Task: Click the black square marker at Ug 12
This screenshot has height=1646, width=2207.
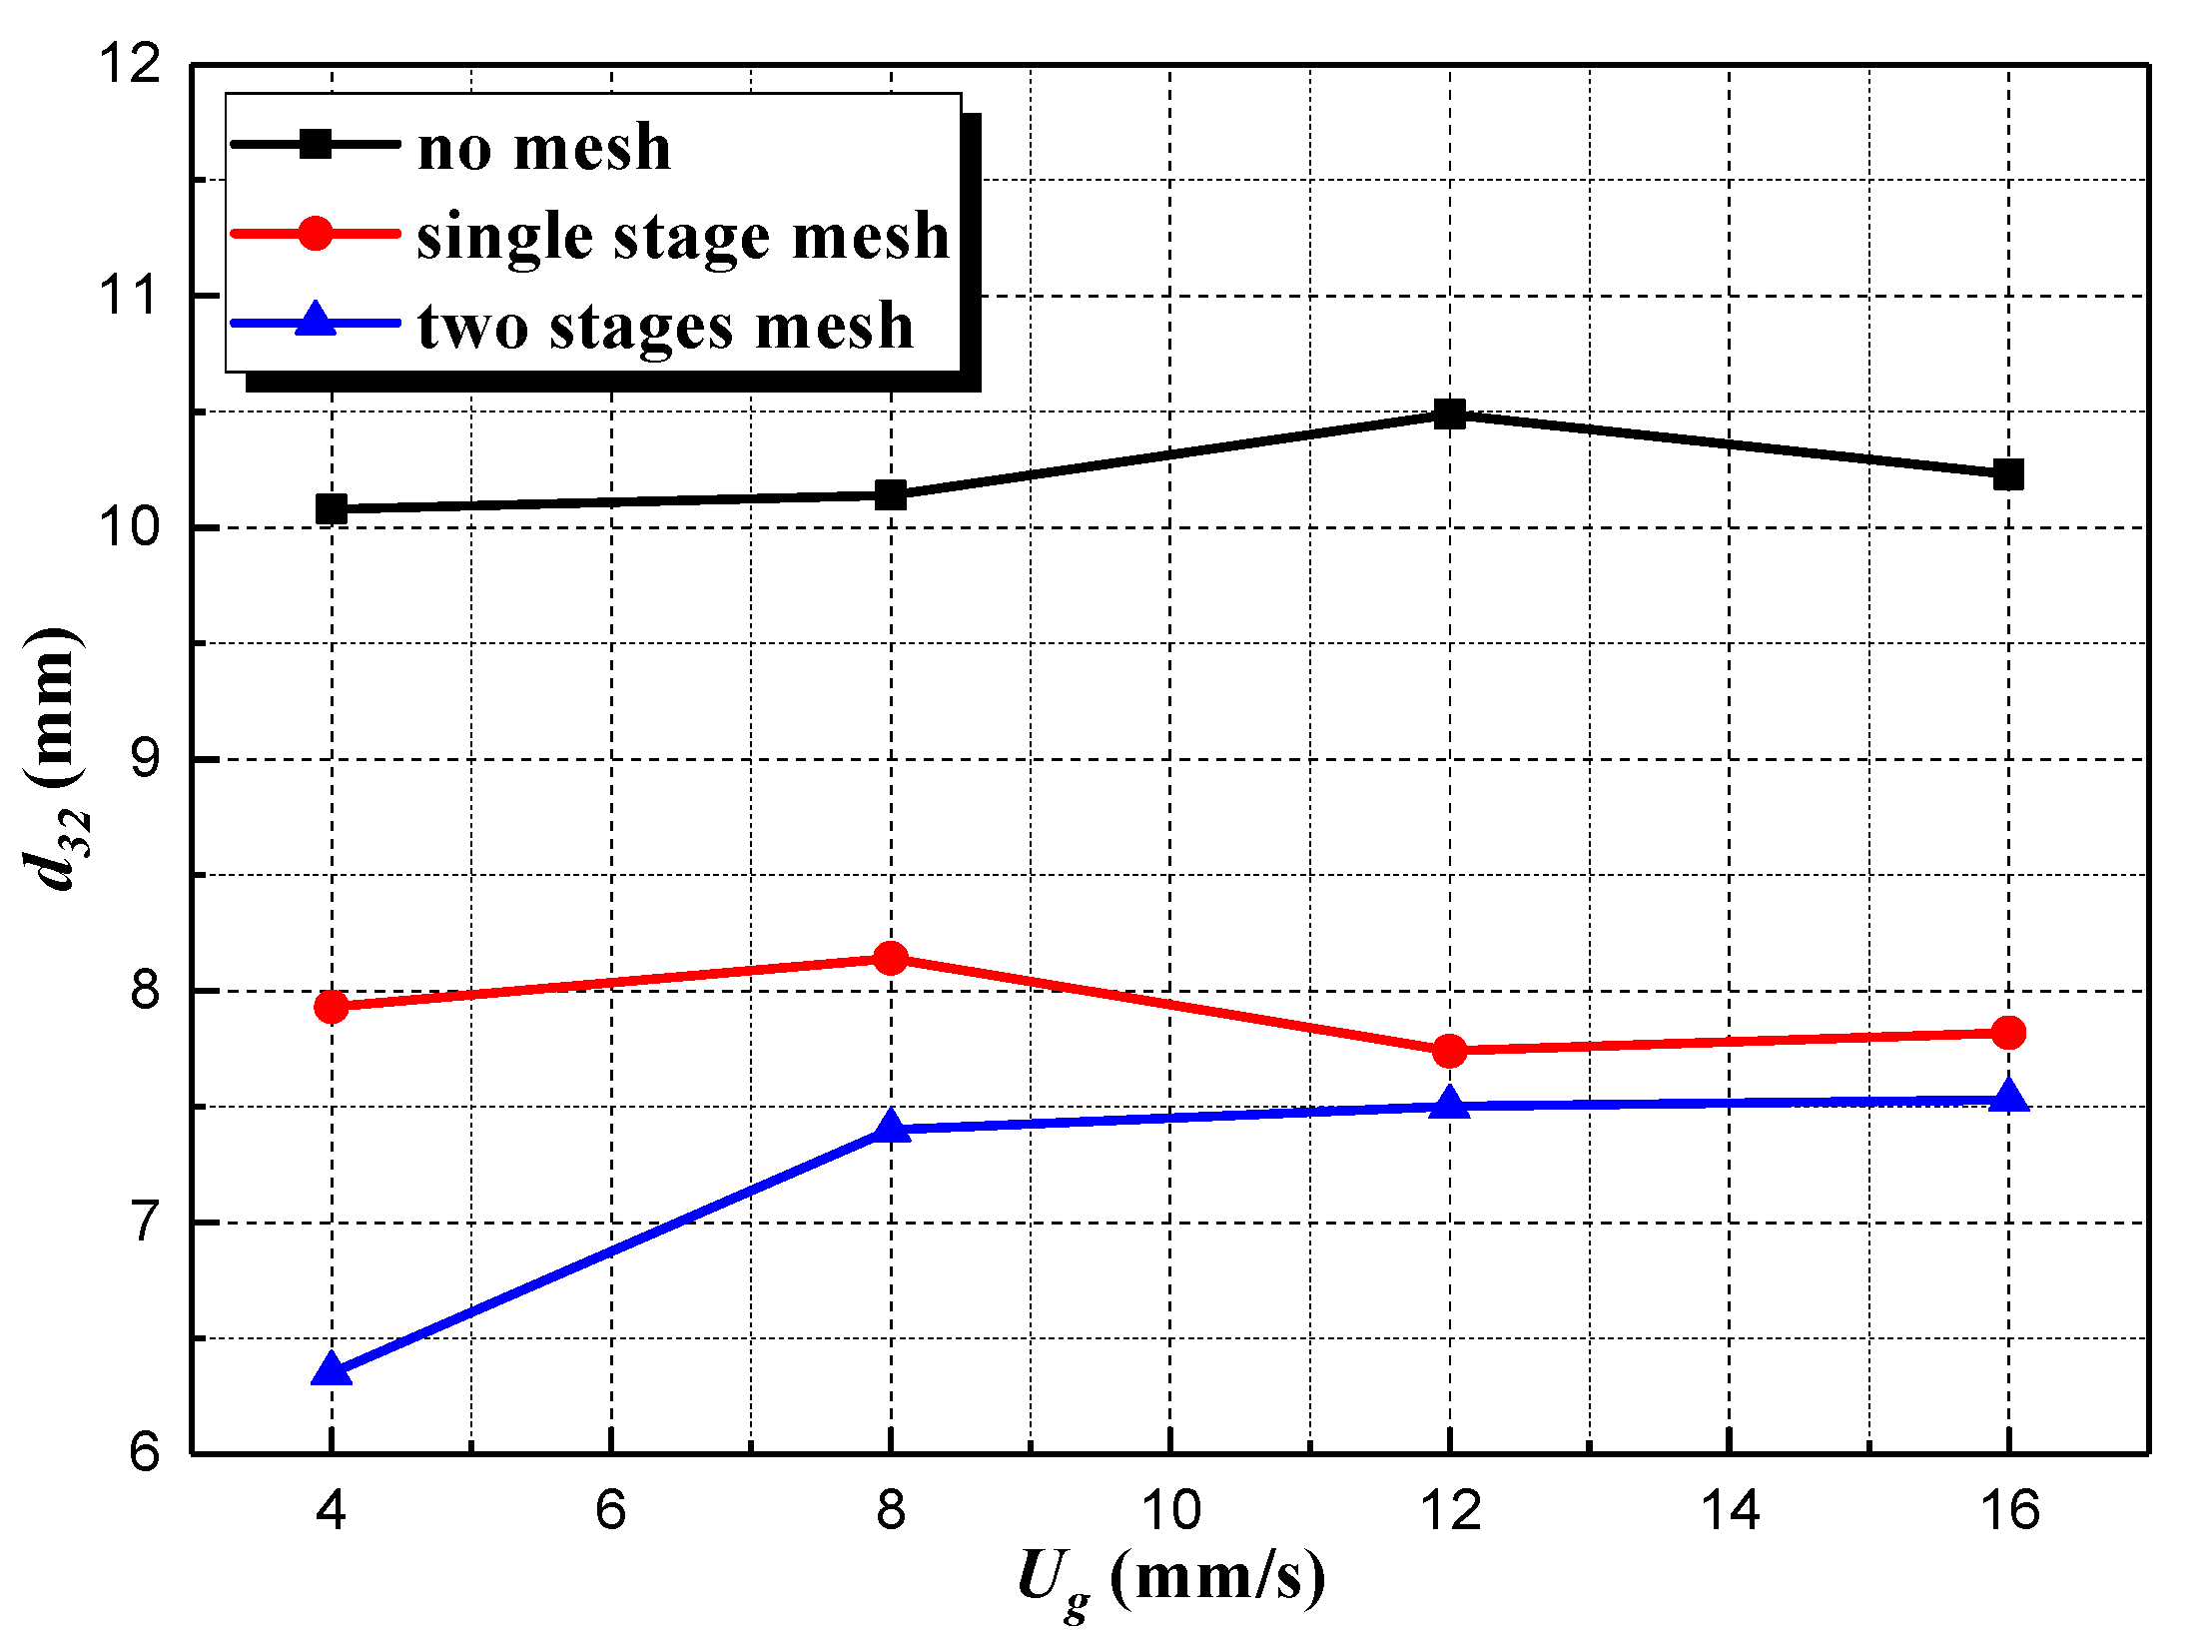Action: tap(1449, 413)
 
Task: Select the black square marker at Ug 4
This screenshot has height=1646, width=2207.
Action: tap(332, 508)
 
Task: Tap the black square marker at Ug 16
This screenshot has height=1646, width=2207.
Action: tap(2008, 474)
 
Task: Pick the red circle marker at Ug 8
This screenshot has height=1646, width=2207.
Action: tap(890, 959)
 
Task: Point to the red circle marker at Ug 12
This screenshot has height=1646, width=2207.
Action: tap(1449, 1051)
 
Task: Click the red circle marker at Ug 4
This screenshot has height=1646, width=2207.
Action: tap(332, 1006)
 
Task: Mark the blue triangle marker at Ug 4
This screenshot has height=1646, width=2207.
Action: tap(332, 1370)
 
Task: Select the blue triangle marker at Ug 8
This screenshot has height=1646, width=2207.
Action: tap(890, 1128)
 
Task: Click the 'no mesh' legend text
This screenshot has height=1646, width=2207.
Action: tap(544, 147)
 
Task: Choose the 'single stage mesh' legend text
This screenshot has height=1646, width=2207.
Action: tap(683, 237)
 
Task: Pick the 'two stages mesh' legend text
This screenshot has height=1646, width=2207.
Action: tap(665, 326)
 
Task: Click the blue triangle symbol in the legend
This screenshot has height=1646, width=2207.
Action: tap(316, 320)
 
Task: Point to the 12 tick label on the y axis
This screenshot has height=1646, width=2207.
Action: tap(130, 64)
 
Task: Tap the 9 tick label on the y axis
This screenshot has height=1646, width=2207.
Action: tap(145, 759)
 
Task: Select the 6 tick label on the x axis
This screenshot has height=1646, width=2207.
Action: tap(610, 1510)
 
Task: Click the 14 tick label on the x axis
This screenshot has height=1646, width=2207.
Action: tap(1730, 1510)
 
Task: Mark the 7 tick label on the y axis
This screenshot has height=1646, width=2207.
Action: tap(145, 1222)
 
